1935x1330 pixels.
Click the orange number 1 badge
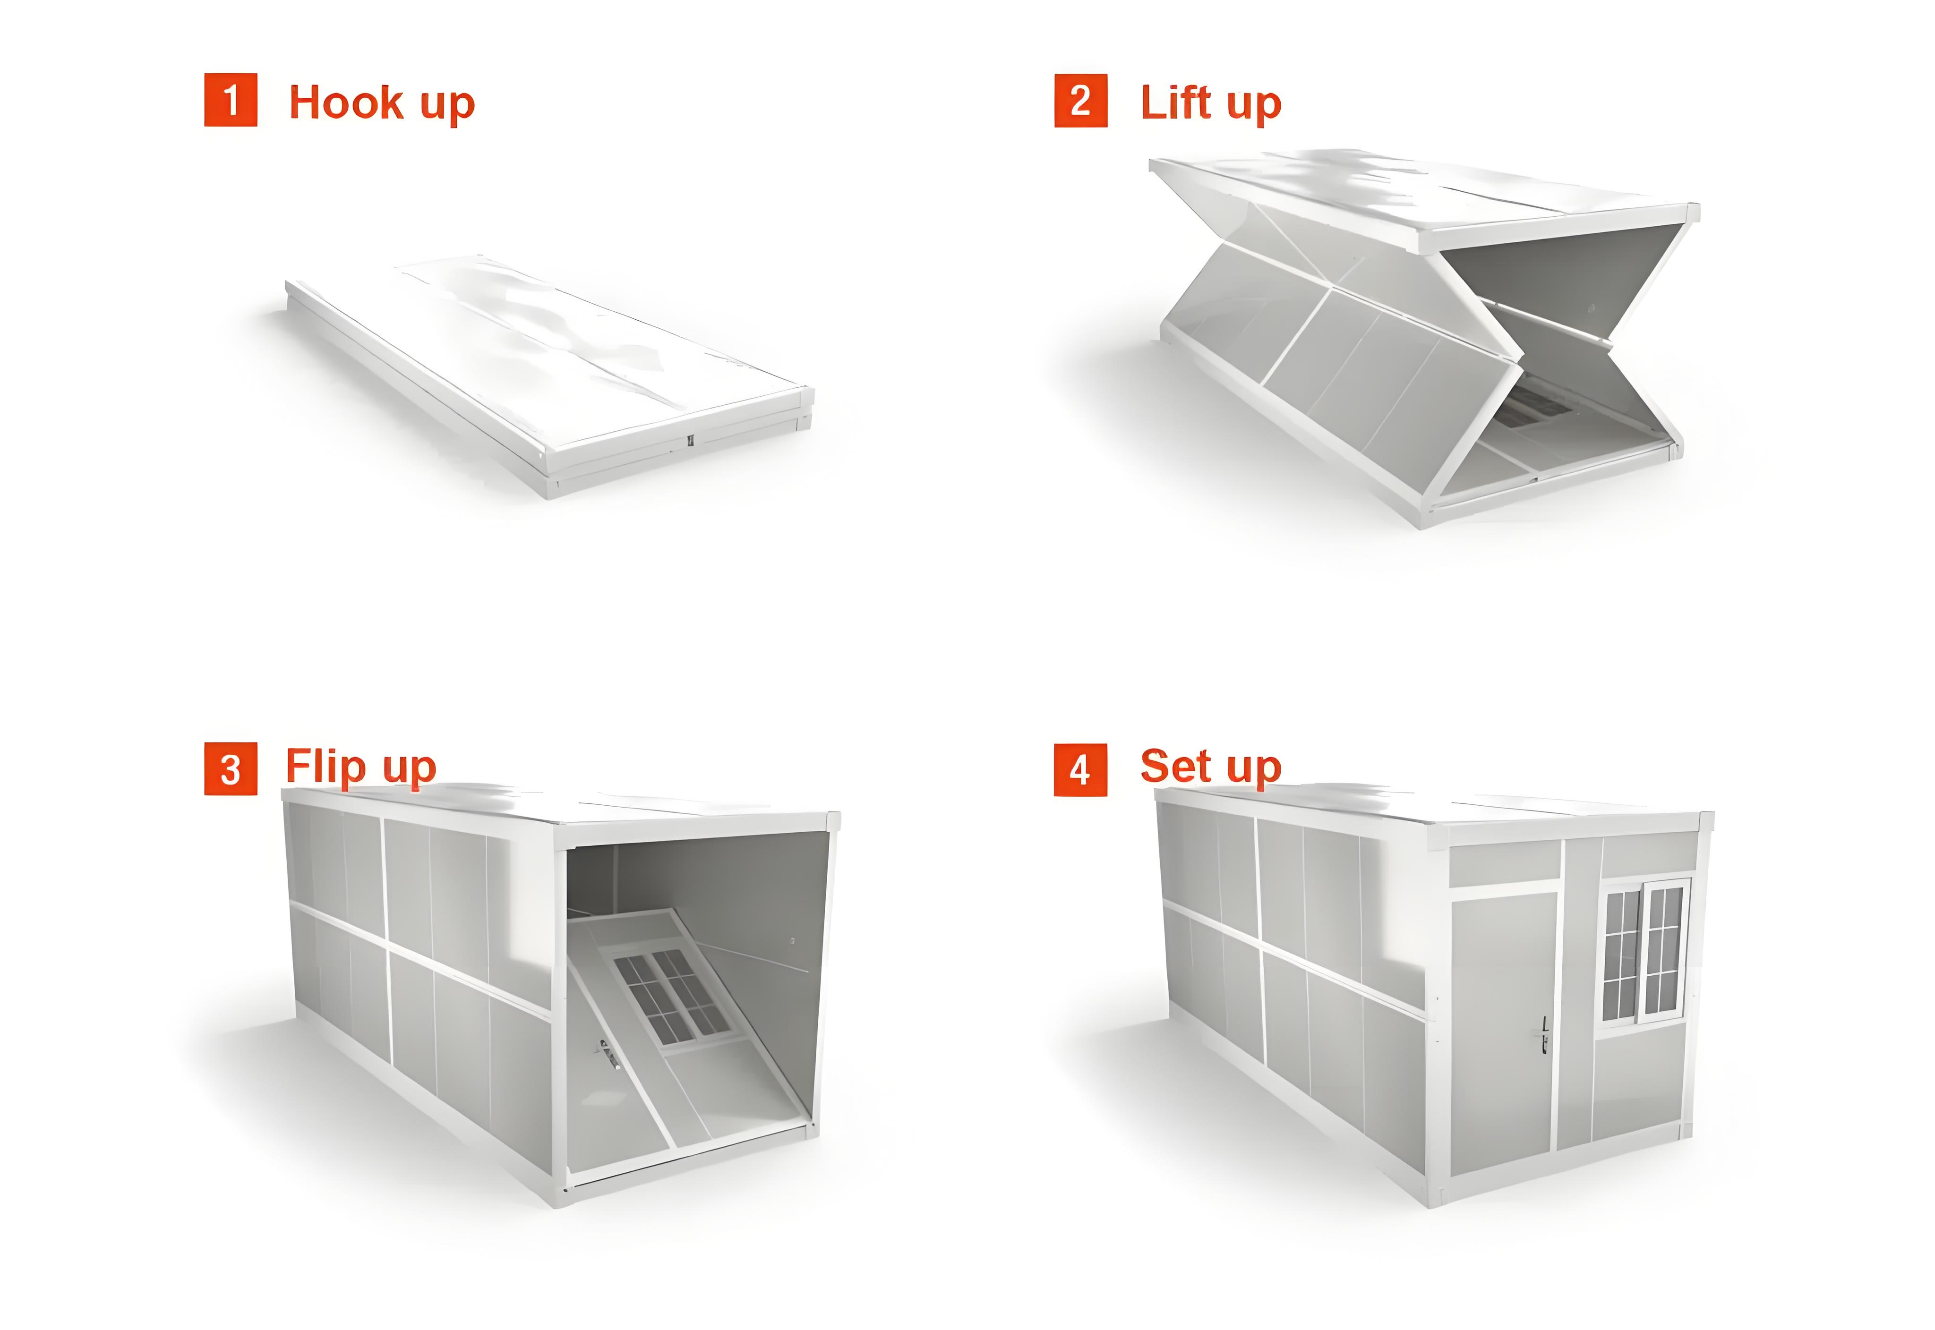231,100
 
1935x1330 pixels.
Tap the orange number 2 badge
1081,100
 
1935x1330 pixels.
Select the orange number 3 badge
231,769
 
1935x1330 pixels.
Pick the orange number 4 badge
1081,770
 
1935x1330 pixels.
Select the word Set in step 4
1175,766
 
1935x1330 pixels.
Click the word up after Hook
447,106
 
